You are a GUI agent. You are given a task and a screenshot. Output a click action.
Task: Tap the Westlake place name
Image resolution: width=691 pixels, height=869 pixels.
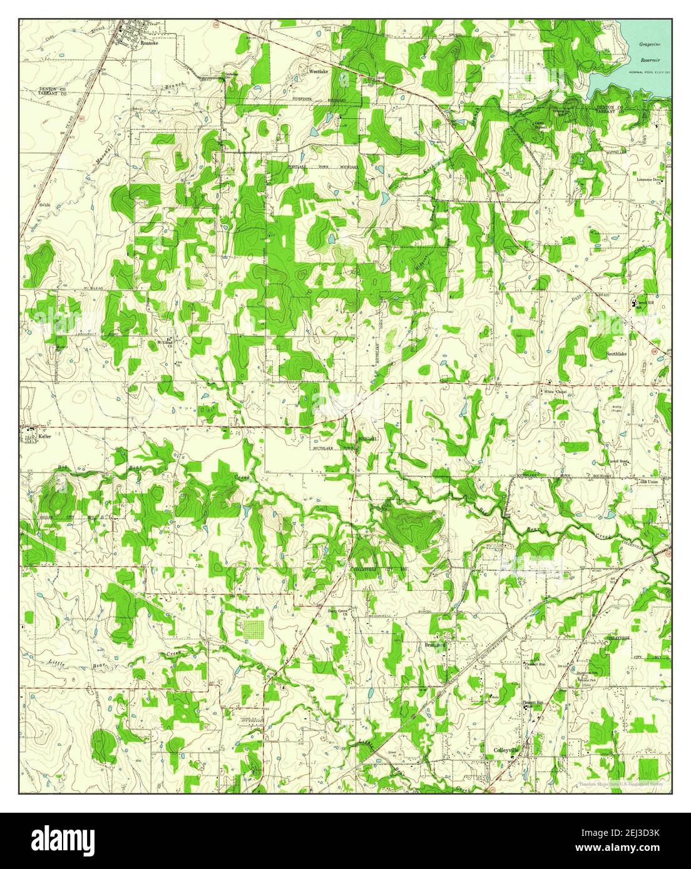point(319,72)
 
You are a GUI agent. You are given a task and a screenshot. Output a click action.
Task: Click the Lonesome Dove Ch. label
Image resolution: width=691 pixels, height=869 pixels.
point(649,181)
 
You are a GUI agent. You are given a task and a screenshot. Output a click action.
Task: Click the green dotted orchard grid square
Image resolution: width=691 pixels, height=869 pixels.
point(253,628)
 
